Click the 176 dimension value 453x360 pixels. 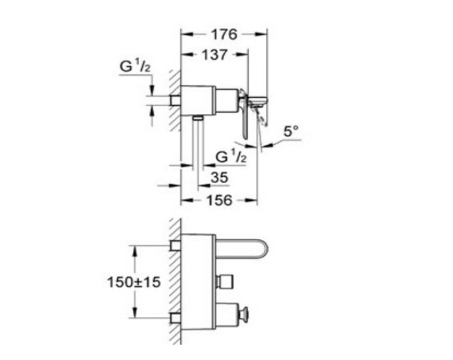click(x=224, y=35)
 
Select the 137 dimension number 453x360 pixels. click(x=214, y=55)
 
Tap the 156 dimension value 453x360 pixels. click(x=219, y=200)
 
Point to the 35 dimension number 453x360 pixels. click(x=219, y=177)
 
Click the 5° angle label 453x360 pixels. click(x=291, y=131)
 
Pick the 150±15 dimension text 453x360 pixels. click(x=134, y=282)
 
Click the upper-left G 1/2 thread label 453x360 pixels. click(x=135, y=67)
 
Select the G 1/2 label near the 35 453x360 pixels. click(x=231, y=157)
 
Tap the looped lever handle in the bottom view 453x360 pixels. click(x=242, y=249)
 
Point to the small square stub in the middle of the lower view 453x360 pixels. click(x=224, y=281)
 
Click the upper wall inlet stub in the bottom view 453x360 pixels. click(x=175, y=245)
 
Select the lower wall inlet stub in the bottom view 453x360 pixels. click(x=175, y=318)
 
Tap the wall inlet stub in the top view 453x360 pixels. click(x=175, y=100)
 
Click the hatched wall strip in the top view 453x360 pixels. click(x=175, y=101)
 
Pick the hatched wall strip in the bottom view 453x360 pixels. click(x=175, y=281)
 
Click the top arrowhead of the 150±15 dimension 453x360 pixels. click(x=134, y=251)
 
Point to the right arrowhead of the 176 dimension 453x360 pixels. click(x=261, y=35)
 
